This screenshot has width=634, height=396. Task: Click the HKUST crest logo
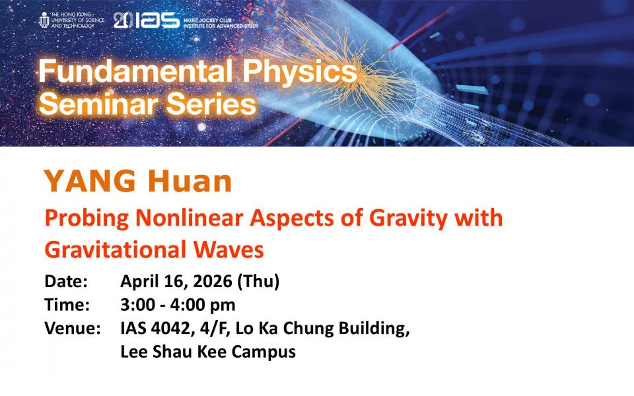tap(44, 20)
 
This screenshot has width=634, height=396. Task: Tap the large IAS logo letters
tap(157, 20)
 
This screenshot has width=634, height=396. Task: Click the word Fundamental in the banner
tap(135, 71)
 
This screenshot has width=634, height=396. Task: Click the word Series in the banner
tap(211, 104)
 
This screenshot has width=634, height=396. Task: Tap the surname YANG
tap(90, 181)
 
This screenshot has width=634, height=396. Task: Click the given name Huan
tap(190, 181)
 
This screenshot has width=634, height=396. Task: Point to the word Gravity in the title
tap(408, 219)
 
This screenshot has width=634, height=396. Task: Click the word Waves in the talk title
tap(229, 249)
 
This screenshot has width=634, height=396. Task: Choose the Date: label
tap(66, 281)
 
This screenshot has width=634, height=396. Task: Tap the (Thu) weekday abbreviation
tap(258, 282)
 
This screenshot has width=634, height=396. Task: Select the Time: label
tap(67, 305)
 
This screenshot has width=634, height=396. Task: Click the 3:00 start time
tap(138, 305)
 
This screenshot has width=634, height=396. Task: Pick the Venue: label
tap(73, 328)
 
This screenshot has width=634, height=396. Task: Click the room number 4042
tap(170, 328)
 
